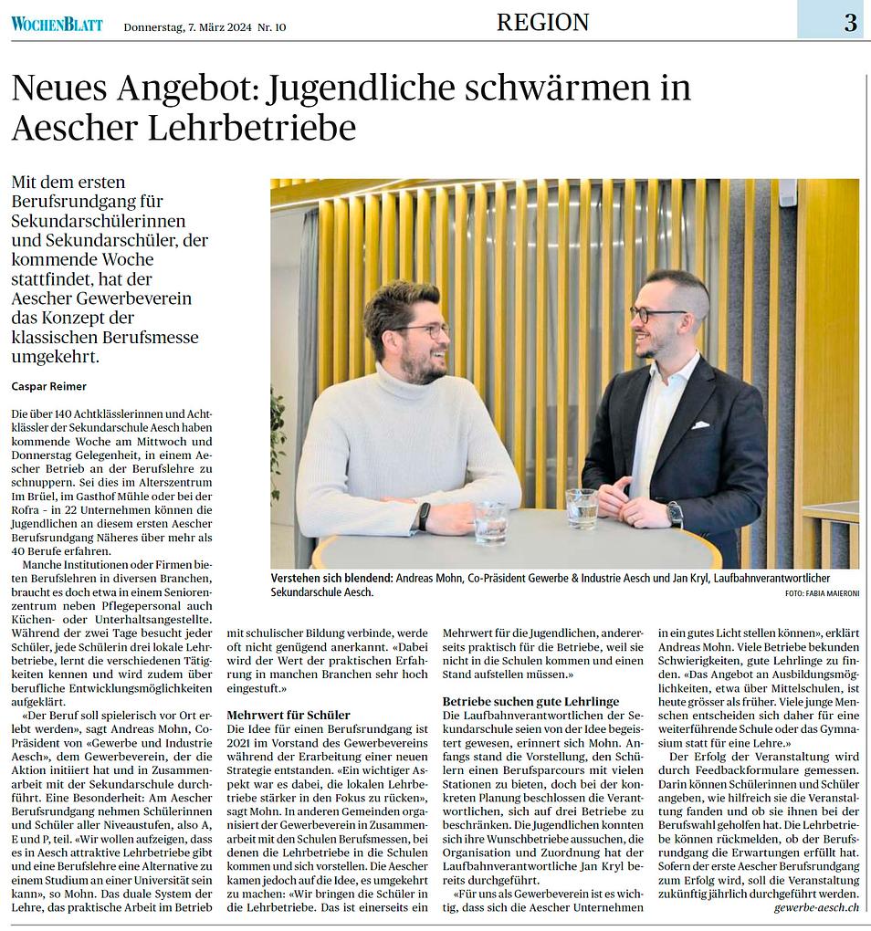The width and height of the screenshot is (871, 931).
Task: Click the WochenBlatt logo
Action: [57, 24]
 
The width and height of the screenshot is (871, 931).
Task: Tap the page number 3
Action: [850, 23]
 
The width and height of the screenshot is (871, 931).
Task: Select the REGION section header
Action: [542, 22]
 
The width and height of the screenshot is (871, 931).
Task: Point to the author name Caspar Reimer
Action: [49, 386]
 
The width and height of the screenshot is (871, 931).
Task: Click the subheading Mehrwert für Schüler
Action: [288, 714]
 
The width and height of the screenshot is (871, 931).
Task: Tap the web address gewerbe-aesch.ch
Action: [815, 907]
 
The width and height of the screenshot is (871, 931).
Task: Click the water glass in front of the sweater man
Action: [491, 523]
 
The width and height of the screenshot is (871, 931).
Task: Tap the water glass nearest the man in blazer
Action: [581, 507]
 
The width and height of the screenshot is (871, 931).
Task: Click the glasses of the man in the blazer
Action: [656, 314]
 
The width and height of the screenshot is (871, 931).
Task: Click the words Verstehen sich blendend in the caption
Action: [331, 579]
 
